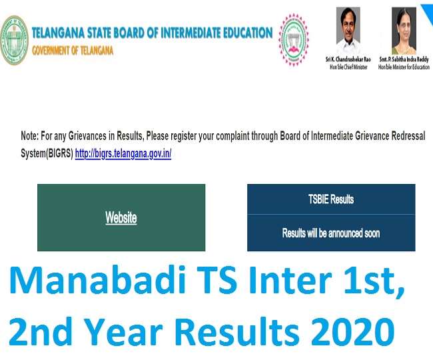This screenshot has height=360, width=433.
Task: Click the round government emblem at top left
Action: coord(15,41)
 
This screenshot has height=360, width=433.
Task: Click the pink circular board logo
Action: coord(294,40)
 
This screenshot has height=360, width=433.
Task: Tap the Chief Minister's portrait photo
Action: coord(348,31)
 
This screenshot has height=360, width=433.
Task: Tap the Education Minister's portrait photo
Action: coord(404,31)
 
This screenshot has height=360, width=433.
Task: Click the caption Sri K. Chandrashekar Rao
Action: coord(348,59)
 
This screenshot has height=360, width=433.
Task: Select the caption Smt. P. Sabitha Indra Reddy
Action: coord(404,59)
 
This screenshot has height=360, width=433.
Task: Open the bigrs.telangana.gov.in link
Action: coord(123,153)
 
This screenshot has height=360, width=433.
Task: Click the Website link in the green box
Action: coord(121,218)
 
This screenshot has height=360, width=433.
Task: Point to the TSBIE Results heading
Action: coord(331,199)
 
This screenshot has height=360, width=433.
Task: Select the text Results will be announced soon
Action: coord(331,233)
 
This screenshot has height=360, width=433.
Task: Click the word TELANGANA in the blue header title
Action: coord(58,33)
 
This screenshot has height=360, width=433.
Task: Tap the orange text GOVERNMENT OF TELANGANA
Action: coord(73,51)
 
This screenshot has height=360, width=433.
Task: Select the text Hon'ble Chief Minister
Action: coord(348,67)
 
